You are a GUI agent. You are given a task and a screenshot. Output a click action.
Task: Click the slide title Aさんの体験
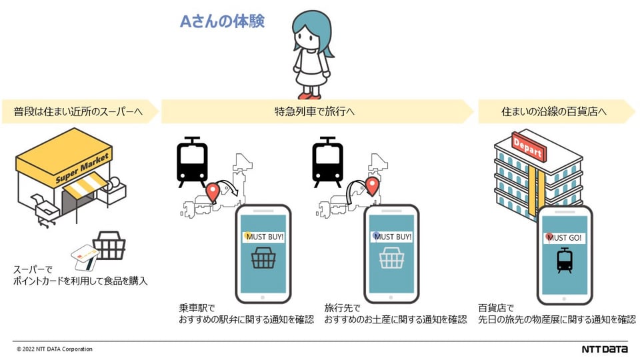pyautogui.click(x=222, y=21)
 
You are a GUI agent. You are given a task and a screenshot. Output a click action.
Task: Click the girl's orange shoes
pyautogui.click(x=311, y=94)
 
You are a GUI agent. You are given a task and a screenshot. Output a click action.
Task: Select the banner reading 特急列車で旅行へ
pyautogui.click(x=315, y=111)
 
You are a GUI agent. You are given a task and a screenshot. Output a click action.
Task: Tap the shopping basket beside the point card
pyautogui.click(x=109, y=245)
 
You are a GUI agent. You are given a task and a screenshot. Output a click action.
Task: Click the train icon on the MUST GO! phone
pyautogui.click(x=565, y=261)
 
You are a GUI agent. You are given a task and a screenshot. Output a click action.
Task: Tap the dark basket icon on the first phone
pyautogui.click(x=263, y=259)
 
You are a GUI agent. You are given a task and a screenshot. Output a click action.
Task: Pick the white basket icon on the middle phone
pyautogui.click(x=391, y=259)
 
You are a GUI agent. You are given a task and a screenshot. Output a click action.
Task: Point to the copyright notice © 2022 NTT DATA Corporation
pyautogui.click(x=55, y=349)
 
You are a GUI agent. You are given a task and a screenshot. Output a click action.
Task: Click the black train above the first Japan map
pyautogui.click(x=191, y=162)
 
